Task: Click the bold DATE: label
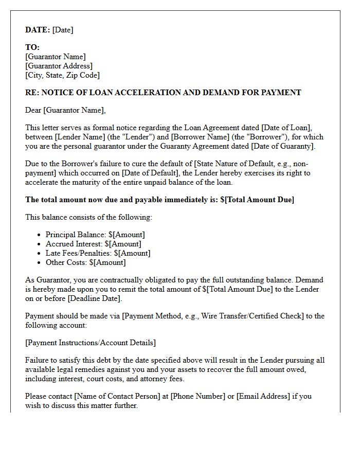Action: tap(38, 30)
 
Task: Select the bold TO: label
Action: tap(32, 47)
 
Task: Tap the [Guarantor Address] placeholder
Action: tap(59, 66)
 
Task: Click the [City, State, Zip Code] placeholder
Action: tap(62, 75)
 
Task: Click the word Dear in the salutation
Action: tap(33, 110)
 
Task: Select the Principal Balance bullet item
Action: tap(95, 235)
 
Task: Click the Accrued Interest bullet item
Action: tap(93, 244)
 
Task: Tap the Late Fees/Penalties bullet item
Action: tap(98, 253)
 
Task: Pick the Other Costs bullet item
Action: tap(85, 262)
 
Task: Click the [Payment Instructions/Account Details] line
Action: tap(91, 343)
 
